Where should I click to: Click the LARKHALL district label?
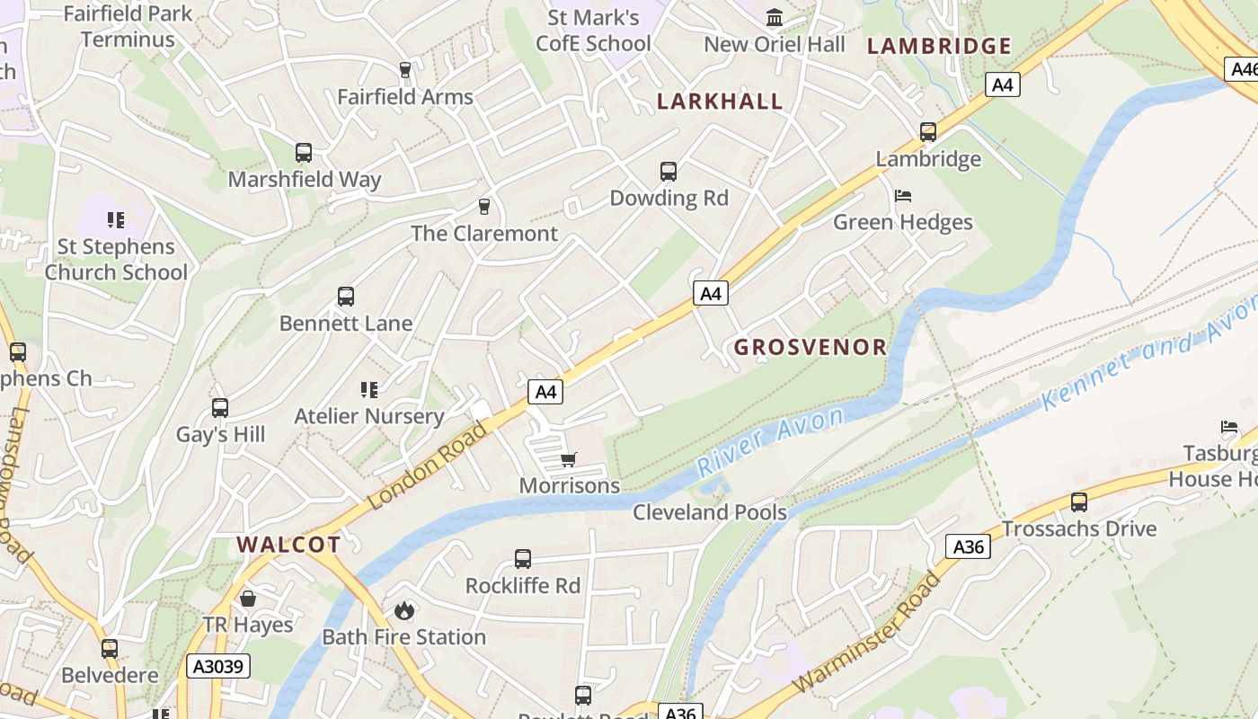click(720, 101)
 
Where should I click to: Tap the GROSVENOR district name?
click(811, 347)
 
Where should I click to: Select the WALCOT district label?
click(288, 544)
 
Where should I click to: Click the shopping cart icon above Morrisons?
click(568, 460)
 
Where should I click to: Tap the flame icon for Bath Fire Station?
click(403, 611)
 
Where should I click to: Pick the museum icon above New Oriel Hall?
click(774, 17)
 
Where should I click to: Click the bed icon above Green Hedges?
click(903, 196)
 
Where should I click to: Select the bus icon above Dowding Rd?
click(668, 172)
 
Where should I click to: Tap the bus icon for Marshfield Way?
click(304, 153)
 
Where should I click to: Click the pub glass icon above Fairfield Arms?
click(404, 70)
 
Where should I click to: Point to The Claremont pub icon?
click(484, 207)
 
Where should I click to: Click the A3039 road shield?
click(218, 666)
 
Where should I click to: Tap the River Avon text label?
click(770, 440)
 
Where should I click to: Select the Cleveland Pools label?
click(709, 512)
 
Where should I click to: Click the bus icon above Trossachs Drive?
click(1078, 502)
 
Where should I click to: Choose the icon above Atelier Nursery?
click(368, 390)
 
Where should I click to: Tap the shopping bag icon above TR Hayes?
click(248, 599)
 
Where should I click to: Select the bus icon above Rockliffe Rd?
click(522, 559)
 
